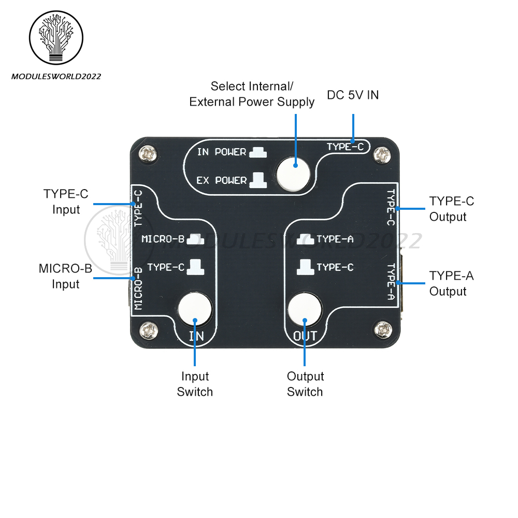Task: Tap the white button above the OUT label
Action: [x=305, y=309]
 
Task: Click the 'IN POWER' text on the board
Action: [x=222, y=152]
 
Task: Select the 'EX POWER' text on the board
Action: [x=222, y=181]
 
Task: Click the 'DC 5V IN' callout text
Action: [x=353, y=95]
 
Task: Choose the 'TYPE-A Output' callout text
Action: [x=451, y=283]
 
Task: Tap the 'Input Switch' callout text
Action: [x=195, y=384]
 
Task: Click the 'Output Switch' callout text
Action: [x=305, y=384]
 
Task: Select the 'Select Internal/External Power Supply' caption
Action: [x=252, y=94]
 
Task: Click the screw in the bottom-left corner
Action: [x=150, y=328]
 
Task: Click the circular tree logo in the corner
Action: [x=56, y=38]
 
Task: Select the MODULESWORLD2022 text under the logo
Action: [x=56, y=76]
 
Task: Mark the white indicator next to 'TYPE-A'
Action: [x=309, y=239]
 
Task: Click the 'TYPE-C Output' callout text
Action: [x=451, y=209]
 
